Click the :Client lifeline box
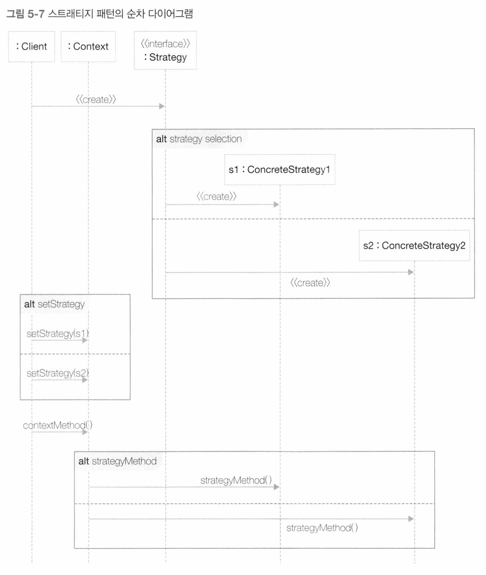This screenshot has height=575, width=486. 32,46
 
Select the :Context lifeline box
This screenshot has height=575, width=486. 88,46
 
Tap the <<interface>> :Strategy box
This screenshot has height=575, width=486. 165,50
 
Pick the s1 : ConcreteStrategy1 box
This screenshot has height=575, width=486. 280,169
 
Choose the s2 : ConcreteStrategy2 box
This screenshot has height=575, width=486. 414,245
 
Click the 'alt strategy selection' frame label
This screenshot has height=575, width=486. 199,139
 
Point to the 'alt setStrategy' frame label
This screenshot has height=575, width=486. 54,304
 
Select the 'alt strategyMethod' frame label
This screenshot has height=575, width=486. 117,461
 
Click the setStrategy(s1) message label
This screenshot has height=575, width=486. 58,333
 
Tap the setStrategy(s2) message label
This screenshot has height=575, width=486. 58,373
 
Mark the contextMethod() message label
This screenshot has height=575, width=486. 58,425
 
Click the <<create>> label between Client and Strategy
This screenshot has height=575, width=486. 96,99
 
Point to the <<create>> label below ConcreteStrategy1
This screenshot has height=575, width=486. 217,196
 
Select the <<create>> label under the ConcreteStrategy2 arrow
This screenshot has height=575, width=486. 310,283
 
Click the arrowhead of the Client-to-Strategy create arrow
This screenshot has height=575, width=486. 162,107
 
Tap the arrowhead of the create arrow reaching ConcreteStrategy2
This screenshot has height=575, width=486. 411,272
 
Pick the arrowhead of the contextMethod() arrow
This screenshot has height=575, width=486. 85,432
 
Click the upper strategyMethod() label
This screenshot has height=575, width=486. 236,480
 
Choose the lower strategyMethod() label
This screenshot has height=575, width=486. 322,528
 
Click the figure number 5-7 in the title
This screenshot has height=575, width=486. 36,14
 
